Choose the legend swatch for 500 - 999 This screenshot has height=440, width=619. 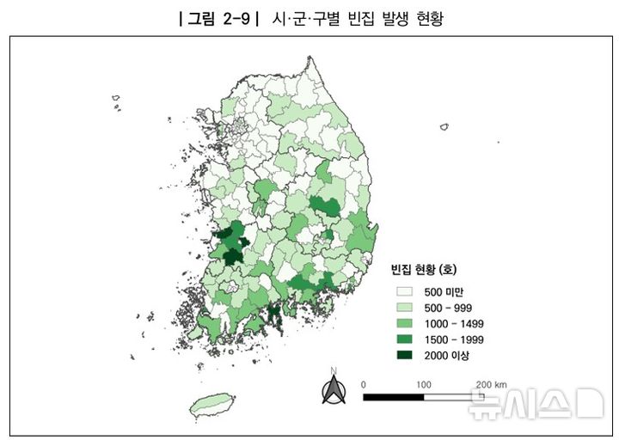401,308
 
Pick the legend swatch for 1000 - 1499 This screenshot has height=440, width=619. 401,324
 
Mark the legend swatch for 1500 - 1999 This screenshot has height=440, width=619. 401,339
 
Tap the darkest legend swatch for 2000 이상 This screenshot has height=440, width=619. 401,355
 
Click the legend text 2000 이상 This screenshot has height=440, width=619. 447,355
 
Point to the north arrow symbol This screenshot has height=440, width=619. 333,390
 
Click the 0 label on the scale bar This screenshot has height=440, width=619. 364,383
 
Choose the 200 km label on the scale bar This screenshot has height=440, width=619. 491,383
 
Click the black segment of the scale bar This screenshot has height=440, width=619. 393,397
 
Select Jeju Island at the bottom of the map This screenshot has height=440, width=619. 212,404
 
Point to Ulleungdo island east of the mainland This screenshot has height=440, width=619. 444,127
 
